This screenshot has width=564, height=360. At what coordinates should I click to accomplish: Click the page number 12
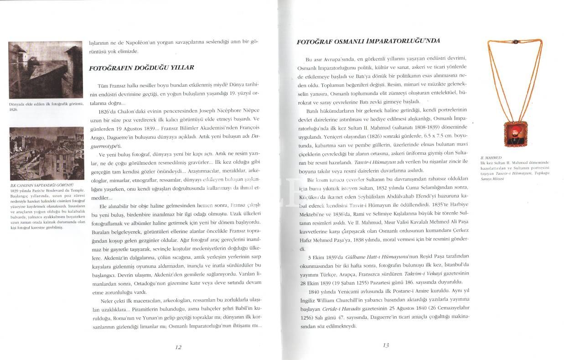pyautogui.click(x=178, y=347)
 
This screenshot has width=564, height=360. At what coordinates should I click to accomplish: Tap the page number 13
pyautogui.click(x=385, y=345)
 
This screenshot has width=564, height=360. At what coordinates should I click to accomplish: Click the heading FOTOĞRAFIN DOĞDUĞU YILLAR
pyautogui.click(x=141, y=68)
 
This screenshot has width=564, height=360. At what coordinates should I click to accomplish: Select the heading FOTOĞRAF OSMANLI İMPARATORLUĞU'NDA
pyautogui.click(x=368, y=41)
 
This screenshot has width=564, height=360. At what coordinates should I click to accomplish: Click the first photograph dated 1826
pyautogui.click(x=40, y=71)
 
